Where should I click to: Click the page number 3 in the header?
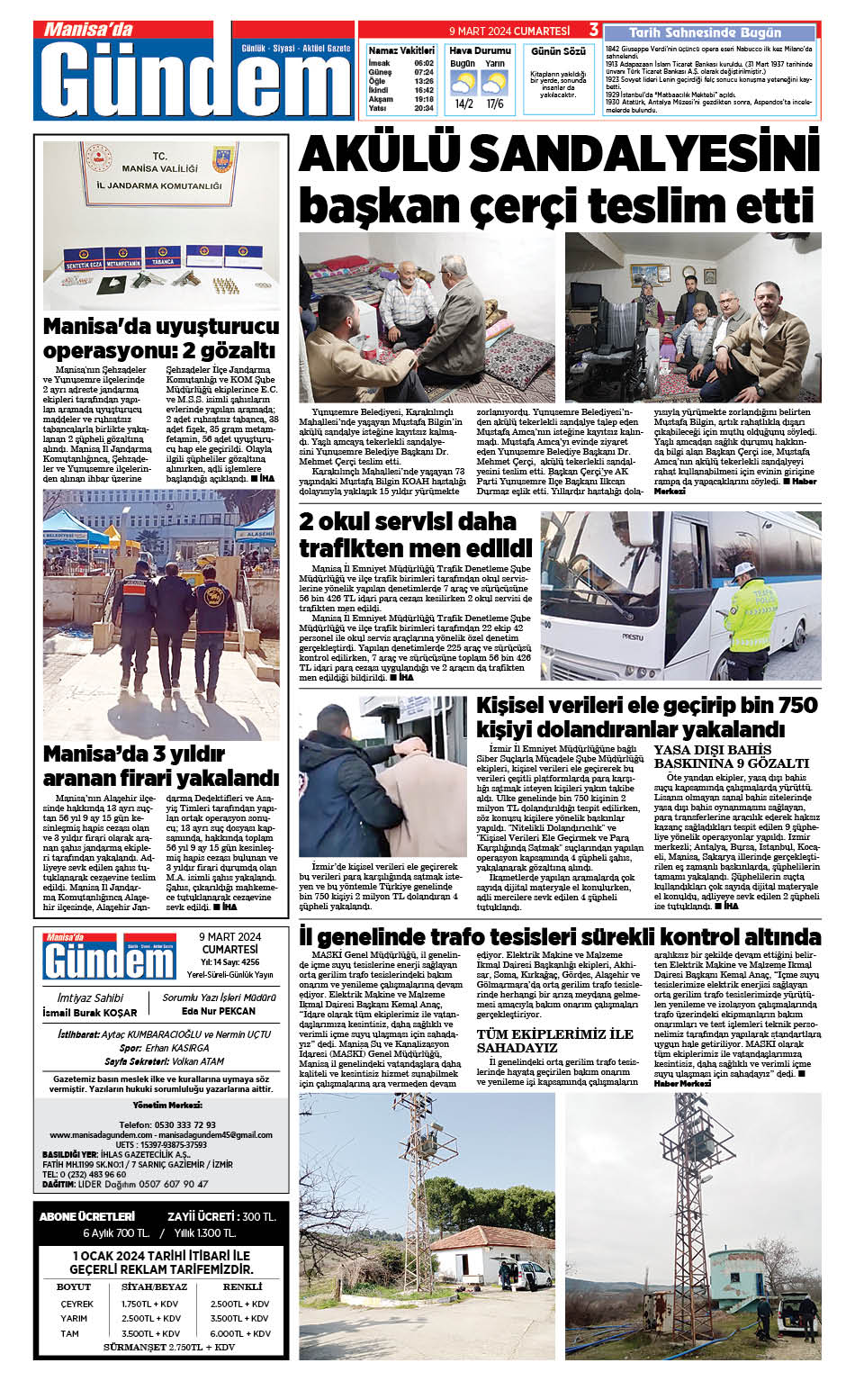(593, 30)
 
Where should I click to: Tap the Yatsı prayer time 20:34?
(424, 108)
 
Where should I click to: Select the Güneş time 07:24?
(424, 72)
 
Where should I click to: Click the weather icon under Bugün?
(463, 84)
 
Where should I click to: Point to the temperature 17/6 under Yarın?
(495, 104)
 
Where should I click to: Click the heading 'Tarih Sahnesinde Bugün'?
(705, 32)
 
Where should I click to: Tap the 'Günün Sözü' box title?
(558, 51)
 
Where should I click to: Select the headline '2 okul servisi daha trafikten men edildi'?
(415, 534)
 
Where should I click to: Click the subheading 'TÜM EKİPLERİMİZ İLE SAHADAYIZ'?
(554, 1041)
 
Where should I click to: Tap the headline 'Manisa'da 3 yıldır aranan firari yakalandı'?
(160, 765)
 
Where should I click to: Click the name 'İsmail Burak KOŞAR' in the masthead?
(90, 1013)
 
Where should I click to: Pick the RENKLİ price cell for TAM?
(240, 1333)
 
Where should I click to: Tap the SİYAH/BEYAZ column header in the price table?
(154, 1287)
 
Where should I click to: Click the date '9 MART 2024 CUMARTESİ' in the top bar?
(522, 31)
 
